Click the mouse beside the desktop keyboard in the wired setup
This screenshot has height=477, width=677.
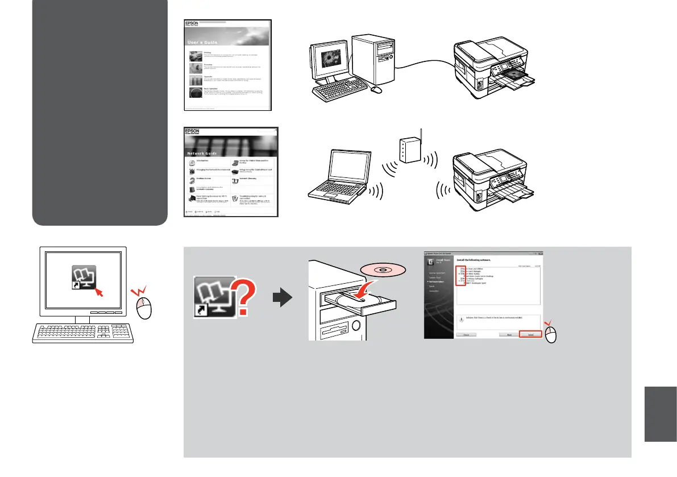pyautogui.click(x=376, y=90)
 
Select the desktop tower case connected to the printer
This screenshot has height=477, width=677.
pyautogui.click(x=372, y=57)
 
